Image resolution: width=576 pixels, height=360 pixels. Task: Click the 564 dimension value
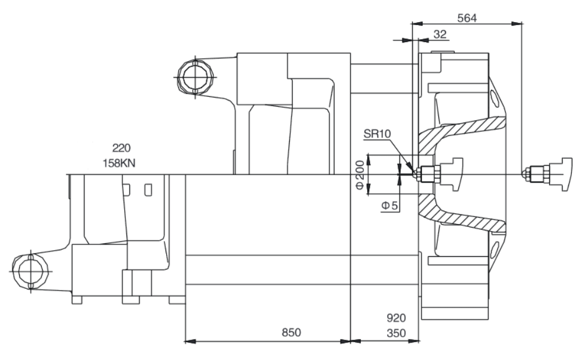click(467, 18)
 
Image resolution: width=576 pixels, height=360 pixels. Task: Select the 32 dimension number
click(440, 34)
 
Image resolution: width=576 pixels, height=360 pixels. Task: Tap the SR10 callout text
click(377, 134)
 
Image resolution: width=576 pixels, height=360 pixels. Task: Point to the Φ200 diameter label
click(360, 174)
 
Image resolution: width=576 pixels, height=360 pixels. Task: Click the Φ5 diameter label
click(389, 205)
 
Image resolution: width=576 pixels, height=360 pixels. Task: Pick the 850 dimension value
click(291, 333)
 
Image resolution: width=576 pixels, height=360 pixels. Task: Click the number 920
click(396, 318)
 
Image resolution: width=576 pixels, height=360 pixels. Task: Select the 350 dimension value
click(396, 333)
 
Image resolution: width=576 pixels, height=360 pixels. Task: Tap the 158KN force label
click(119, 163)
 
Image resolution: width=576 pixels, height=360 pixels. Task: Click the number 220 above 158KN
click(121, 148)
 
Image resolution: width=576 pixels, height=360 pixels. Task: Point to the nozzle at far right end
click(547, 174)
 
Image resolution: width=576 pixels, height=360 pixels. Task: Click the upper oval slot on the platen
click(494, 98)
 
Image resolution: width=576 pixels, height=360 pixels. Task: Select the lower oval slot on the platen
click(494, 251)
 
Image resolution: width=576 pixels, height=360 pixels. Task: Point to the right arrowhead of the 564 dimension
click(517, 23)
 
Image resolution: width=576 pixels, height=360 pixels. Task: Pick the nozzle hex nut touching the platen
click(430, 174)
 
